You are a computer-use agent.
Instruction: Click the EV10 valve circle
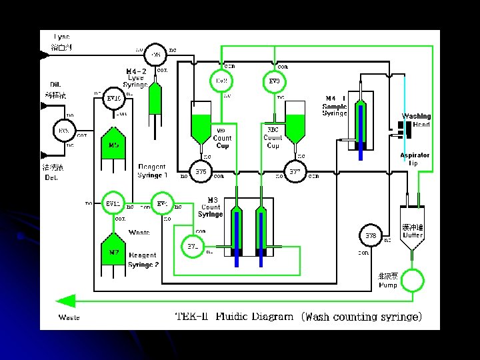click(x=113, y=99)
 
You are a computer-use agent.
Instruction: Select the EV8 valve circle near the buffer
click(x=370, y=237)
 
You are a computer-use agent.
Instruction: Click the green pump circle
click(x=413, y=279)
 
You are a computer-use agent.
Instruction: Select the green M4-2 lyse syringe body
click(x=155, y=99)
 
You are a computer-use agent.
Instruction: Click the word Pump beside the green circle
click(x=388, y=285)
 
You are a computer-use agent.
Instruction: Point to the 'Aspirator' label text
click(x=415, y=155)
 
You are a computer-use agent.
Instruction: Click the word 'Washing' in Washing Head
click(x=416, y=117)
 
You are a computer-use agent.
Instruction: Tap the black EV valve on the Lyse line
click(x=156, y=53)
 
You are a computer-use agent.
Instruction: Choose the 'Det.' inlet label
click(x=51, y=178)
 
